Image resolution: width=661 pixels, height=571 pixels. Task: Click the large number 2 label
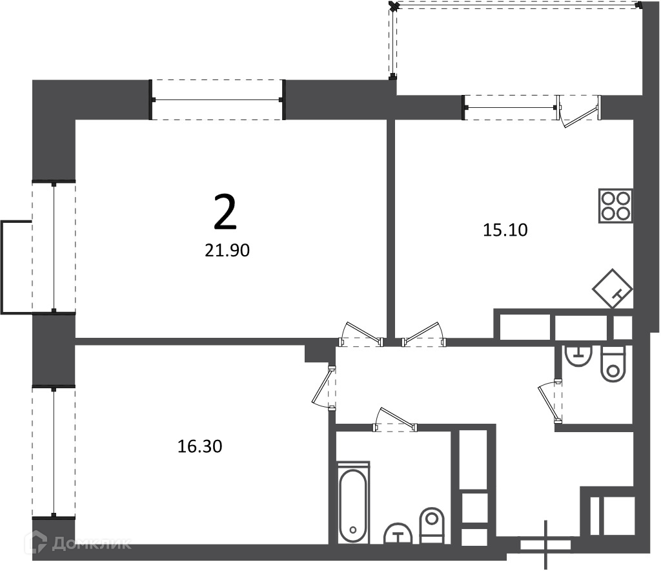[x=225, y=213]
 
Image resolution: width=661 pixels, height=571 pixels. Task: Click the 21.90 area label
[x=227, y=251]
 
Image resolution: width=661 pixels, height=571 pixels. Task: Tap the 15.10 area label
[x=505, y=230]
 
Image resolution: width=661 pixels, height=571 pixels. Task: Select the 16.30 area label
[x=200, y=446]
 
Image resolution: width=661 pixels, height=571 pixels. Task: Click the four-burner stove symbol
[x=616, y=206]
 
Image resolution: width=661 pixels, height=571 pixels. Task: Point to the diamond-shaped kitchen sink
[x=613, y=289]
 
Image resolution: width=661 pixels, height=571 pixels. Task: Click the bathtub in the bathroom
[x=353, y=503]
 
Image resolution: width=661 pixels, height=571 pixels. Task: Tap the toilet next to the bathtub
[x=432, y=525]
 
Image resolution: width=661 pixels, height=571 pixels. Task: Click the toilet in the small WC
[x=613, y=364]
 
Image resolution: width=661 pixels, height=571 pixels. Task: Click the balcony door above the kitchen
[x=579, y=111]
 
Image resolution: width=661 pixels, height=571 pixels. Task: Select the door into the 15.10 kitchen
[x=423, y=335]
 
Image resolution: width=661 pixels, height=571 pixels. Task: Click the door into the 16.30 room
[x=324, y=388]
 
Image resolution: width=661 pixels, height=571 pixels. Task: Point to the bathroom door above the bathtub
[x=395, y=420]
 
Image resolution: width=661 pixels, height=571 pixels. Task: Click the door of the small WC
[x=550, y=401]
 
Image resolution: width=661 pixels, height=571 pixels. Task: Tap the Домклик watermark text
[x=91, y=544]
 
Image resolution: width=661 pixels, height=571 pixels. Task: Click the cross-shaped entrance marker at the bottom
[x=546, y=545]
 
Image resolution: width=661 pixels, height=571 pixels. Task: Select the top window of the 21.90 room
[x=218, y=100]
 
